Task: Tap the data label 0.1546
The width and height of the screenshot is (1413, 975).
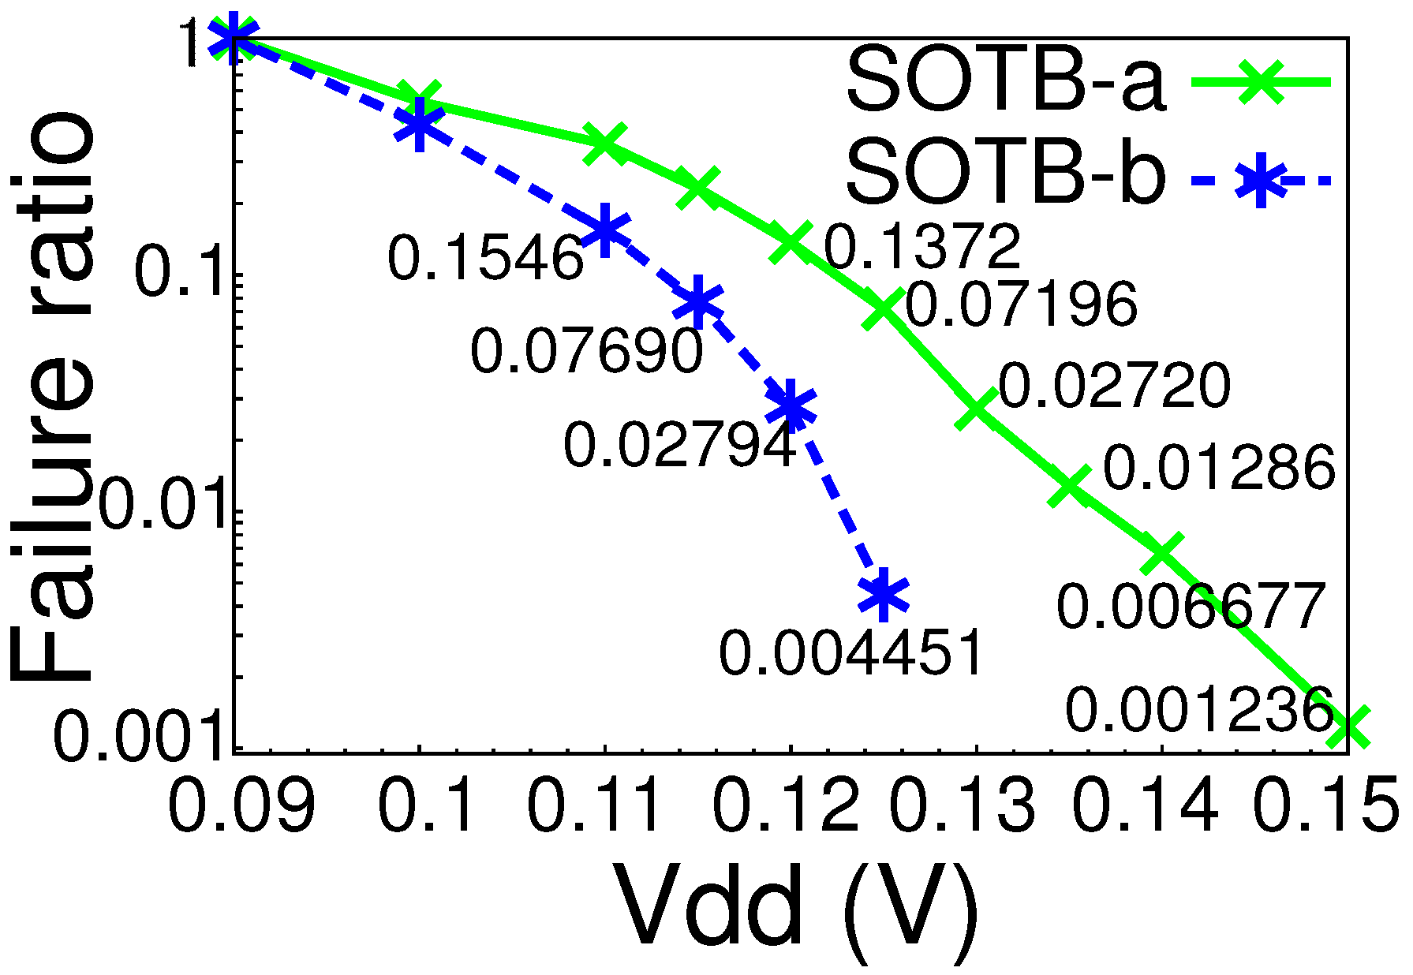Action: click(486, 258)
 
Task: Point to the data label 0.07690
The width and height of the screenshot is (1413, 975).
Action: click(586, 350)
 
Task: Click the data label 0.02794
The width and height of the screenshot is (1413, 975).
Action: click(679, 445)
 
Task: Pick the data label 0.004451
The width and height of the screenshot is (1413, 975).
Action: click(850, 652)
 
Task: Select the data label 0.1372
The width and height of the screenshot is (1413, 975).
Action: click(922, 246)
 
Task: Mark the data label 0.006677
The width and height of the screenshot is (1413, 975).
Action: click(1190, 607)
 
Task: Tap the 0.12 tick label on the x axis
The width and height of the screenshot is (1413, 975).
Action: click(786, 806)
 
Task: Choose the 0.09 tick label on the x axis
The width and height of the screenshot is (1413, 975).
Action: click(241, 806)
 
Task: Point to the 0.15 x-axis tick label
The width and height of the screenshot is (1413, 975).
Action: click(1326, 806)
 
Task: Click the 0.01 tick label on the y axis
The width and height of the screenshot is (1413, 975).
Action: click(166, 506)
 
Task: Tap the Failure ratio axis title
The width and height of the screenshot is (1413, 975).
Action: click(52, 394)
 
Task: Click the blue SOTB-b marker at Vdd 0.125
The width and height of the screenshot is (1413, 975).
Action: click(884, 594)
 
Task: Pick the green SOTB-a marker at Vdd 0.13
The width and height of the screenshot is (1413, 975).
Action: click(977, 408)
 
